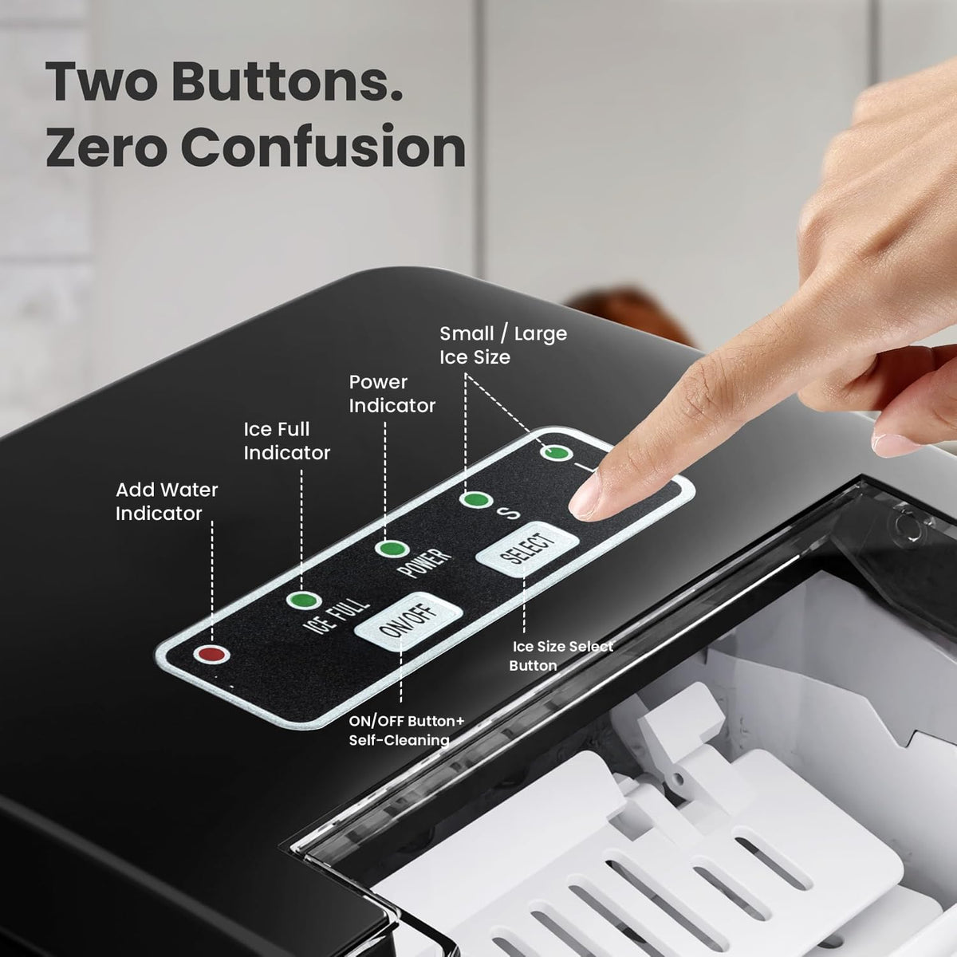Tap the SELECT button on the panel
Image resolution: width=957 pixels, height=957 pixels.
(x=527, y=549)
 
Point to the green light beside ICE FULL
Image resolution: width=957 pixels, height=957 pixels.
(x=304, y=600)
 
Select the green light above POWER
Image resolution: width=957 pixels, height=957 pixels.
(x=392, y=549)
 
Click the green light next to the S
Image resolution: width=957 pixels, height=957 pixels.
(x=476, y=499)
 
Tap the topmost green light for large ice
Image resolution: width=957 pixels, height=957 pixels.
(x=556, y=453)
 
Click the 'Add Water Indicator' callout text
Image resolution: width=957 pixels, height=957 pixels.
(x=167, y=502)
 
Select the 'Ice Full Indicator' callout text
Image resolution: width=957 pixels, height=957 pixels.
(x=286, y=441)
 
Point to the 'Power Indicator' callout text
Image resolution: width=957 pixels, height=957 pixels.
(x=392, y=394)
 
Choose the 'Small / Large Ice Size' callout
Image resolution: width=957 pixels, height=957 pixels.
(x=503, y=345)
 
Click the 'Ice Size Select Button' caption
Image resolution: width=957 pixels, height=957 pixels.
(x=561, y=656)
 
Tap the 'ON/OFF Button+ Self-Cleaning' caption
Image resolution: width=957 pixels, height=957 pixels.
(x=406, y=730)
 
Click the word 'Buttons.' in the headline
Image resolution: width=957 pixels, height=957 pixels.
(x=287, y=82)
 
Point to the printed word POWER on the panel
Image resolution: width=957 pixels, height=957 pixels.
(x=425, y=563)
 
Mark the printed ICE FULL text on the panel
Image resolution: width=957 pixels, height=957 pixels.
(x=337, y=616)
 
